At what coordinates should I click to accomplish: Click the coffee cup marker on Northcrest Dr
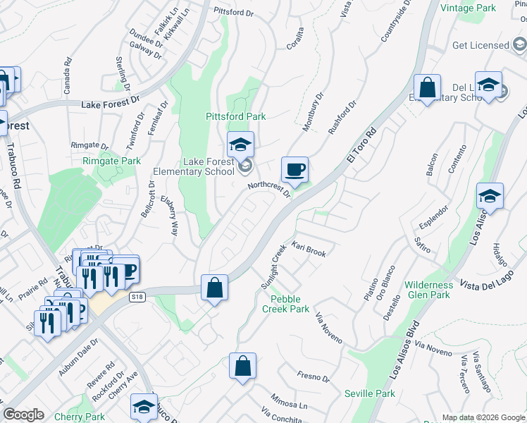[x=294, y=170]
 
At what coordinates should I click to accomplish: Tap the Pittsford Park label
[x=235, y=116]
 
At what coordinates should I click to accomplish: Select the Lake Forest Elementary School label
[x=194, y=166]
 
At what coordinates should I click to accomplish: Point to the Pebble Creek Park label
[x=285, y=305]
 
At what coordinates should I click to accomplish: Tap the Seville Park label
[x=370, y=393]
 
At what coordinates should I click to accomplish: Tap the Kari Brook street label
[x=309, y=250]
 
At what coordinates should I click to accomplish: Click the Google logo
[x=24, y=415]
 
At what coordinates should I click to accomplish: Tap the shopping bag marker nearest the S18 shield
[x=214, y=288]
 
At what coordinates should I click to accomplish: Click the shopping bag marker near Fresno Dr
[x=242, y=366]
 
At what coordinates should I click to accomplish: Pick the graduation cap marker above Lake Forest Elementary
[x=241, y=145]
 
